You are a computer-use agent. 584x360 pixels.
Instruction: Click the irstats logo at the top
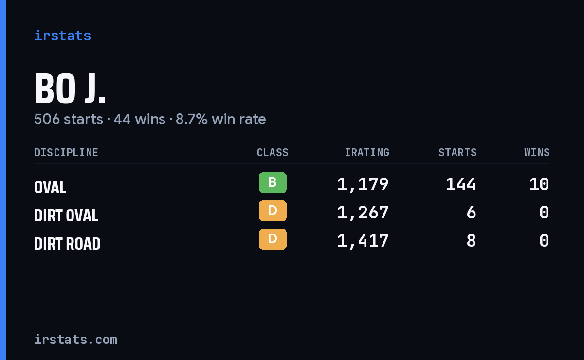click(63, 36)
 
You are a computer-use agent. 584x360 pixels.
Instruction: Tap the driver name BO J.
click(70, 88)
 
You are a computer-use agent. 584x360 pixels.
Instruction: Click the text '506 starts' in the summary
click(69, 119)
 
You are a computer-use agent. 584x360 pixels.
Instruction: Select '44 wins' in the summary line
click(140, 119)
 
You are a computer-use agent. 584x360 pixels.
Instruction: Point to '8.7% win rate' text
click(220, 119)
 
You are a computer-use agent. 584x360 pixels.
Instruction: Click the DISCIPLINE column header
click(66, 152)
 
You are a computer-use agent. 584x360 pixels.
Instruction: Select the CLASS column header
click(273, 152)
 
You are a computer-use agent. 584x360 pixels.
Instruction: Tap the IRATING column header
click(367, 152)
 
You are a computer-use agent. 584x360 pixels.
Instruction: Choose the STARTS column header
click(457, 152)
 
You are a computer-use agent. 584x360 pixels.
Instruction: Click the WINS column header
click(537, 152)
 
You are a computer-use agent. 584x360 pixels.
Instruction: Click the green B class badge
click(273, 182)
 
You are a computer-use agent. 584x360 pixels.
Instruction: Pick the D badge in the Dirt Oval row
click(273, 211)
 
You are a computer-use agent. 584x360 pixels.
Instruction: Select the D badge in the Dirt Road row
click(273, 239)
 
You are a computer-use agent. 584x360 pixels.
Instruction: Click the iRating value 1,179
click(363, 184)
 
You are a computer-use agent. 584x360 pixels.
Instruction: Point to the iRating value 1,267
click(363, 213)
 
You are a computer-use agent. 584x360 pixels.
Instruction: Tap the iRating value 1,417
click(363, 241)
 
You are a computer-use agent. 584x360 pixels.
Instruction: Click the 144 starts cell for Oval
click(461, 184)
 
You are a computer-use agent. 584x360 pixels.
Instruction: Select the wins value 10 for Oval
click(539, 184)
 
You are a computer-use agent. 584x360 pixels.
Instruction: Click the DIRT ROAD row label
click(67, 244)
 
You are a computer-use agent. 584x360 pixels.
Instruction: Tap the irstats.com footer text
click(75, 340)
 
